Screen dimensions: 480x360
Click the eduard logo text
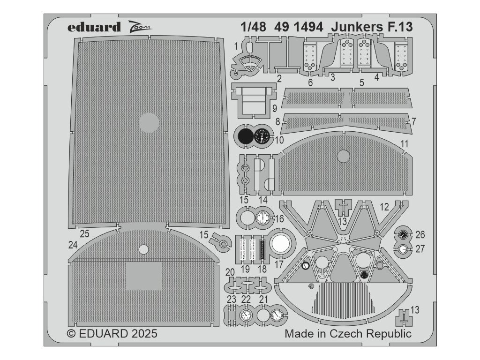[x=94, y=27]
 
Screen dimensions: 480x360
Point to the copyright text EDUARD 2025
[x=112, y=334]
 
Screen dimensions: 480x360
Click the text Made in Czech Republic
[x=348, y=334]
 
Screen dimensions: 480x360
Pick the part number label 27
[x=420, y=249]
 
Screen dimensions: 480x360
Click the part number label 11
[x=404, y=143]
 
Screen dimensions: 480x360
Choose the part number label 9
[x=274, y=108]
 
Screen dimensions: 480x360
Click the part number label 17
[x=279, y=263]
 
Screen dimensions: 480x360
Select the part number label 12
[x=384, y=206]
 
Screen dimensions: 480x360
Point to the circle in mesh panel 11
[x=344, y=157]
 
